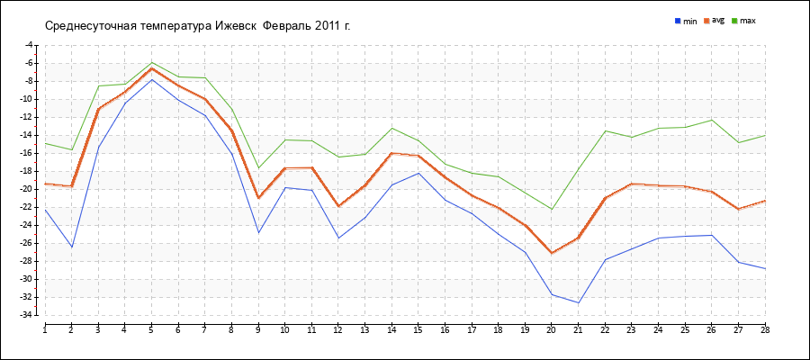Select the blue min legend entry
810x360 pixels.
coord(686,21)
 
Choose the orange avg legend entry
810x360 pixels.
coord(714,21)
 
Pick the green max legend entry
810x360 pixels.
coord(742,21)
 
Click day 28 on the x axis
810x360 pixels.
coord(765,329)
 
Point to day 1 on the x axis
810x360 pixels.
coord(45,329)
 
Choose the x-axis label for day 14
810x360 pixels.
coord(391,329)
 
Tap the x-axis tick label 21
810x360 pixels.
coord(578,329)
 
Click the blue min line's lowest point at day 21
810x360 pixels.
coord(578,302)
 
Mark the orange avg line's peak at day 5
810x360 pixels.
coord(151,68)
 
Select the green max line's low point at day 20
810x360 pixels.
coord(552,210)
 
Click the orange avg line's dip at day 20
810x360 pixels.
coord(552,253)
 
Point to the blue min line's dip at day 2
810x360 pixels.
coord(72,247)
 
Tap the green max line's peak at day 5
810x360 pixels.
coord(151,62)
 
